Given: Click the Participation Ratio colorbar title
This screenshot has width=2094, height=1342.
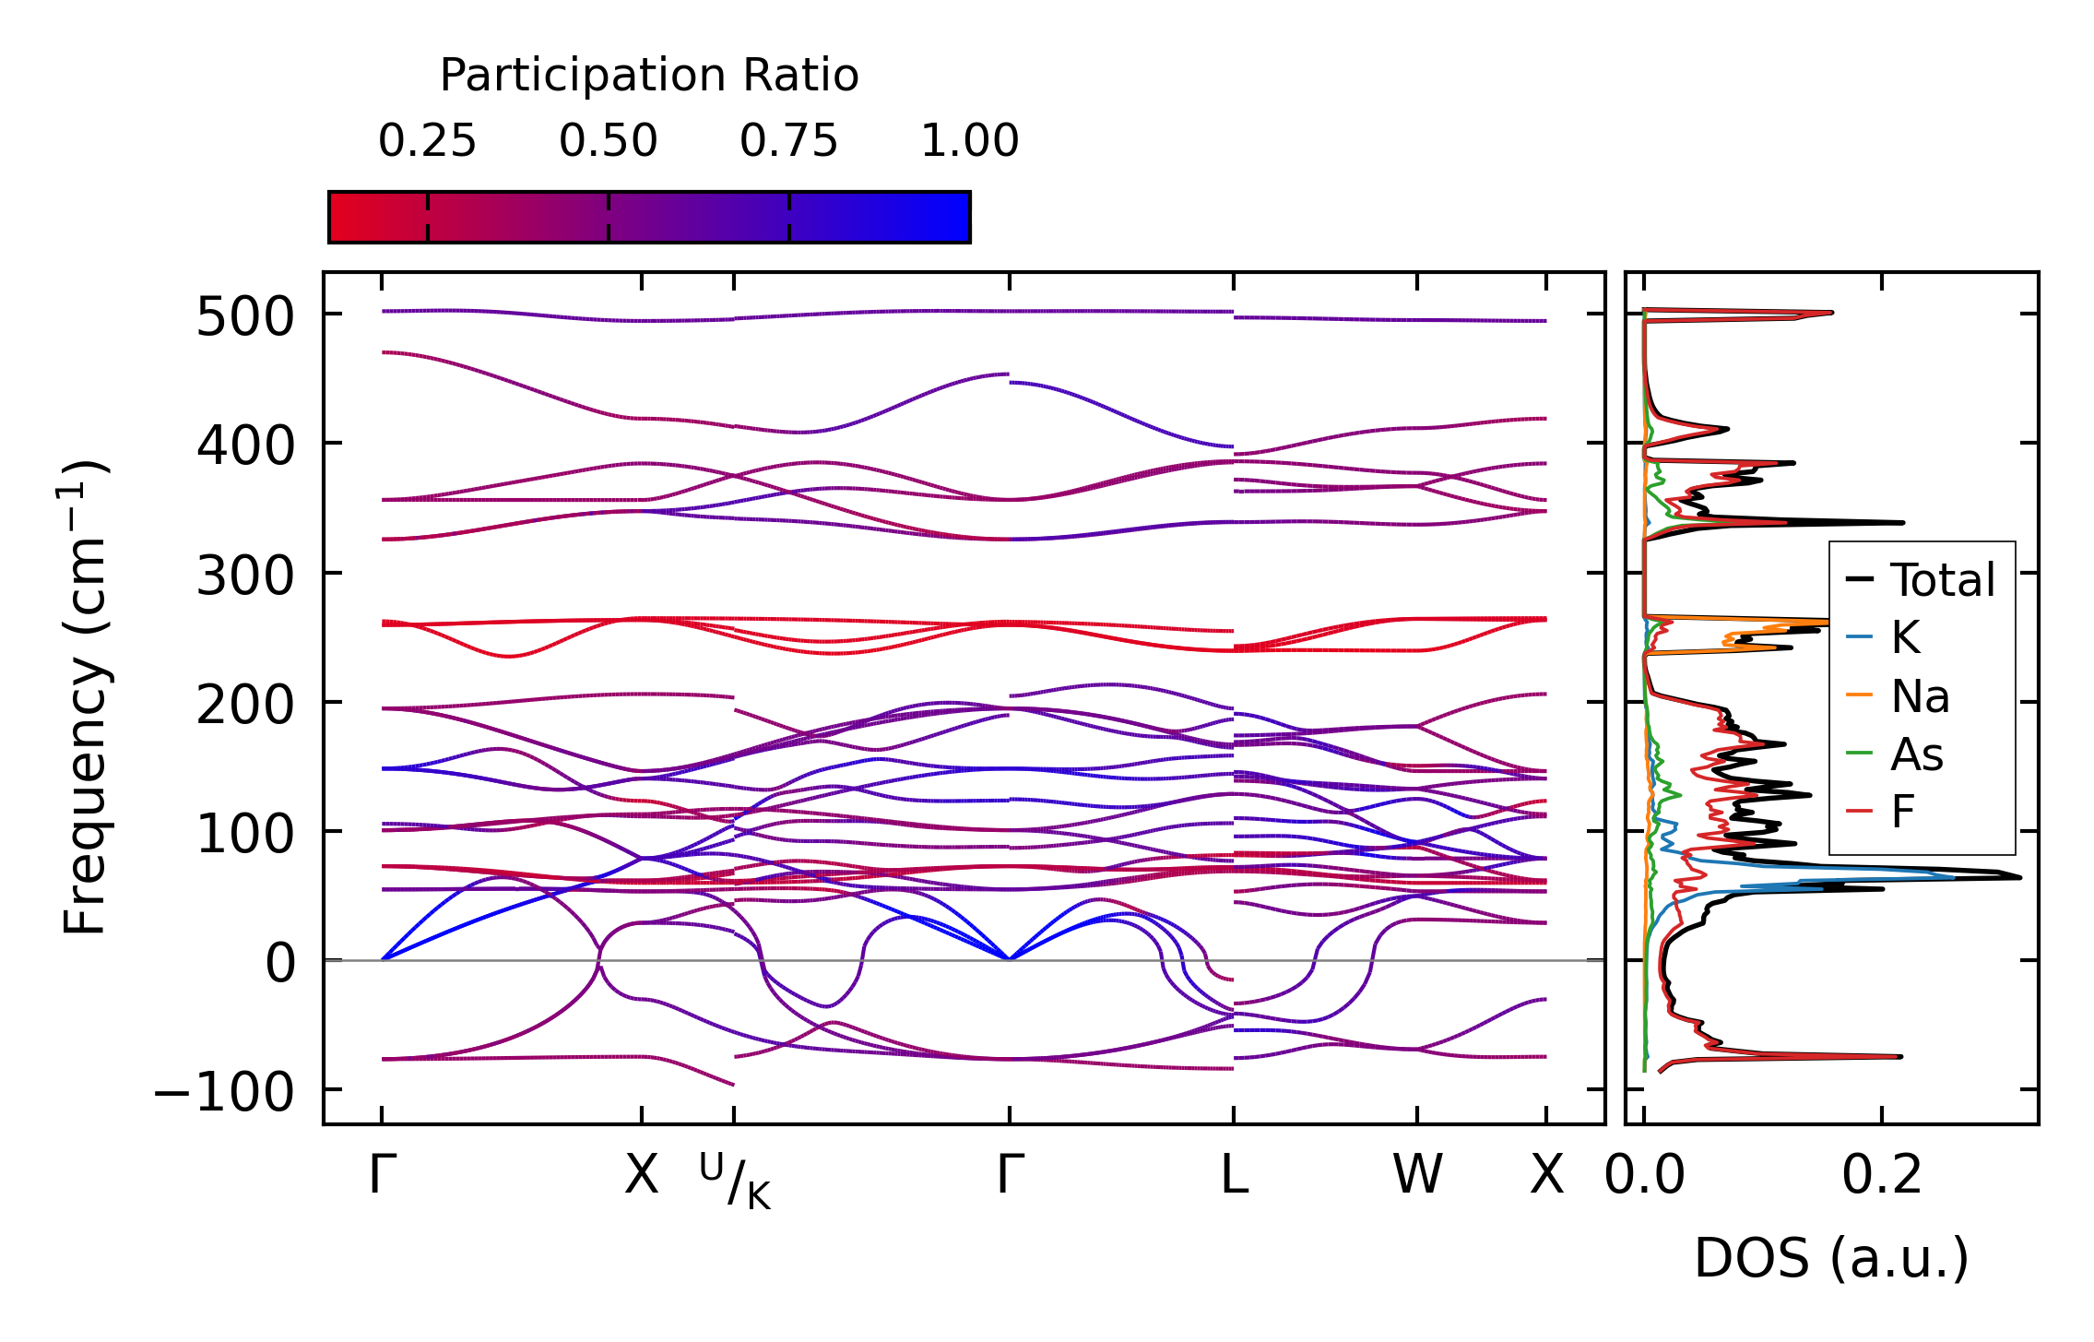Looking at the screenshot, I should [x=649, y=76].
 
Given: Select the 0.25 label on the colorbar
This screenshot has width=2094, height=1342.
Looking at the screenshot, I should [x=427, y=141].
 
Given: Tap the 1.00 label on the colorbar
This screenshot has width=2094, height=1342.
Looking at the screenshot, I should [x=969, y=141].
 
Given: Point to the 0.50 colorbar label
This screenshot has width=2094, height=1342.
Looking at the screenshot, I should [x=608, y=141].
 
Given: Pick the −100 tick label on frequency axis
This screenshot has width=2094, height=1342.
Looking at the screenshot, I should [x=224, y=1094].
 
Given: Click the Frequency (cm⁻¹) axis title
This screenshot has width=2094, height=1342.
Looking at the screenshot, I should [x=86, y=697].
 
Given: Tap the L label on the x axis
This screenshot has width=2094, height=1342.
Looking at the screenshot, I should [x=1234, y=1176].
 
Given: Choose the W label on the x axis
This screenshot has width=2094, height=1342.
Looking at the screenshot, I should [x=1417, y=1176].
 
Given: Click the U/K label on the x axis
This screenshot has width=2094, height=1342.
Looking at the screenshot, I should [x=735, y=1181].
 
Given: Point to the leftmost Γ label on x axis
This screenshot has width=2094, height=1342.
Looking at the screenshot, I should [x=383, y=1176].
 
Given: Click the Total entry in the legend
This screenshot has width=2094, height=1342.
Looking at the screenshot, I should [x=1943, y=580].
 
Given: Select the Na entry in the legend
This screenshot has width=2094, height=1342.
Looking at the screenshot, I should [x=1920, y=696].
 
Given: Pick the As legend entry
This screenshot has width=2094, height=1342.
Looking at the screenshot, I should [x=1917, y=755].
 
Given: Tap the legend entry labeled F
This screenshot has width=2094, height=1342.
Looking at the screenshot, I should [x=1902, y=813].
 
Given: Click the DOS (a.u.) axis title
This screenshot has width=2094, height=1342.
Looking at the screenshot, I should [x=1831, y=1259].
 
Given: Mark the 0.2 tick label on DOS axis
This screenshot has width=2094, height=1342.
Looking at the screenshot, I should [x=1882, y=1176].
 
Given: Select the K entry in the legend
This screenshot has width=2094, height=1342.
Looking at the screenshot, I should [x=1905, y=637].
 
